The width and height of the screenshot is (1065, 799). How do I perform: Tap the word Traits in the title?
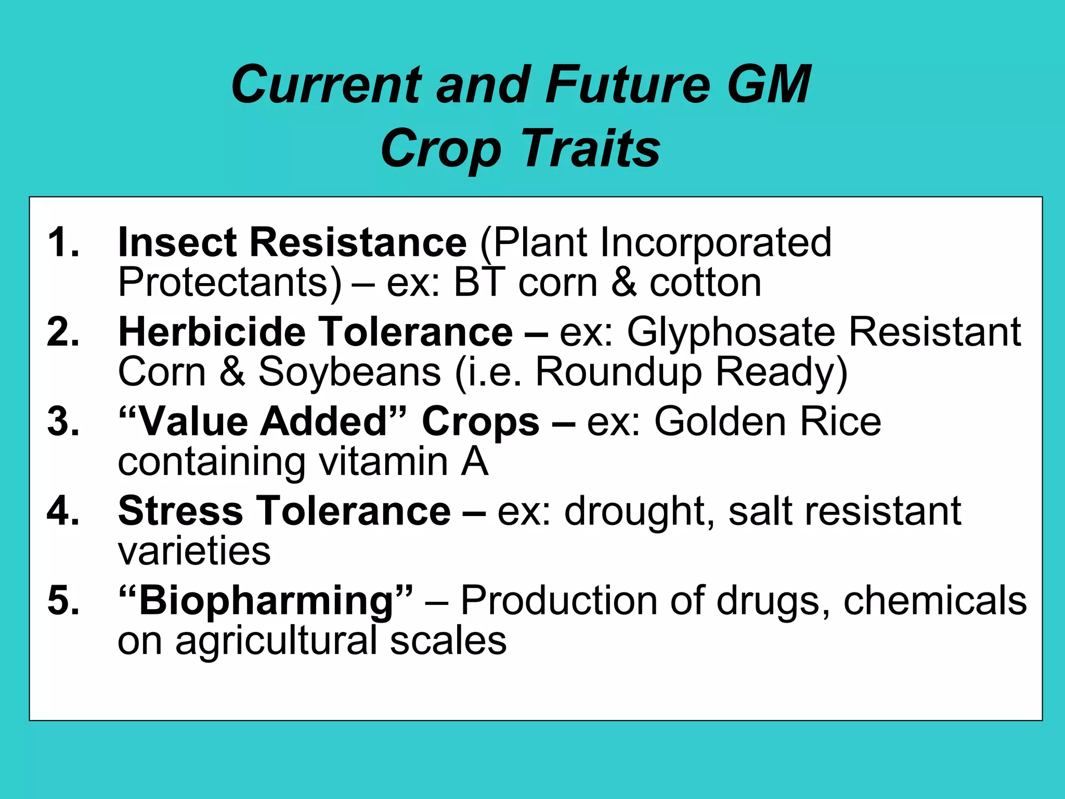click(x=590, y=149)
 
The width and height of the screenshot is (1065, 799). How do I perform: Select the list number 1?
click(x=62, y=242)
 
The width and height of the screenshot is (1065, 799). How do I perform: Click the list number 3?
click(x=63, y=421)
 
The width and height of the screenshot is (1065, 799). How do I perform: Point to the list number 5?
click(x=63, y=600)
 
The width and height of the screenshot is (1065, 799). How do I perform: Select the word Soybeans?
click(x=349, y=372)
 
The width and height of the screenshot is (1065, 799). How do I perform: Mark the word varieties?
click(x=194, y=551)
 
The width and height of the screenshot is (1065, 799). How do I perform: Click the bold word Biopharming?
click(x=266, y=600)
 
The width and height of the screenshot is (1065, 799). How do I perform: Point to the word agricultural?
click(x=276, y=640)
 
